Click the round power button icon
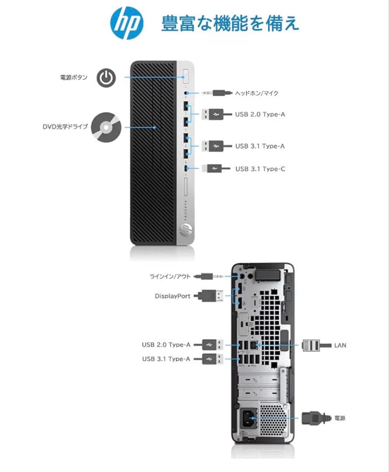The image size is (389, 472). click(x=106, y=78)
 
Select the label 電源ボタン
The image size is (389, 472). click(x=73, y=78)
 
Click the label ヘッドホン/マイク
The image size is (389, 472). click(x=257, y=93)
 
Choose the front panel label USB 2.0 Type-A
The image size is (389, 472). click(x=260, y=115)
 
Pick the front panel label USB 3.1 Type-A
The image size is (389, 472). click(x=260, y=146)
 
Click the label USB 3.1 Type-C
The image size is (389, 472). click(x=260, y=168)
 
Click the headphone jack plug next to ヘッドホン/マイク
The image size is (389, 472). click(x=216, y=93)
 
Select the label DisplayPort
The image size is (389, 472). click(x=172, y=296)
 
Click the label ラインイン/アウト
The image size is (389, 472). click(x=170, y=277)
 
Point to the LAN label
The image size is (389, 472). click(x=340, y=345)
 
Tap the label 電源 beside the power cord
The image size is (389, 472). click(x=340, y=418)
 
